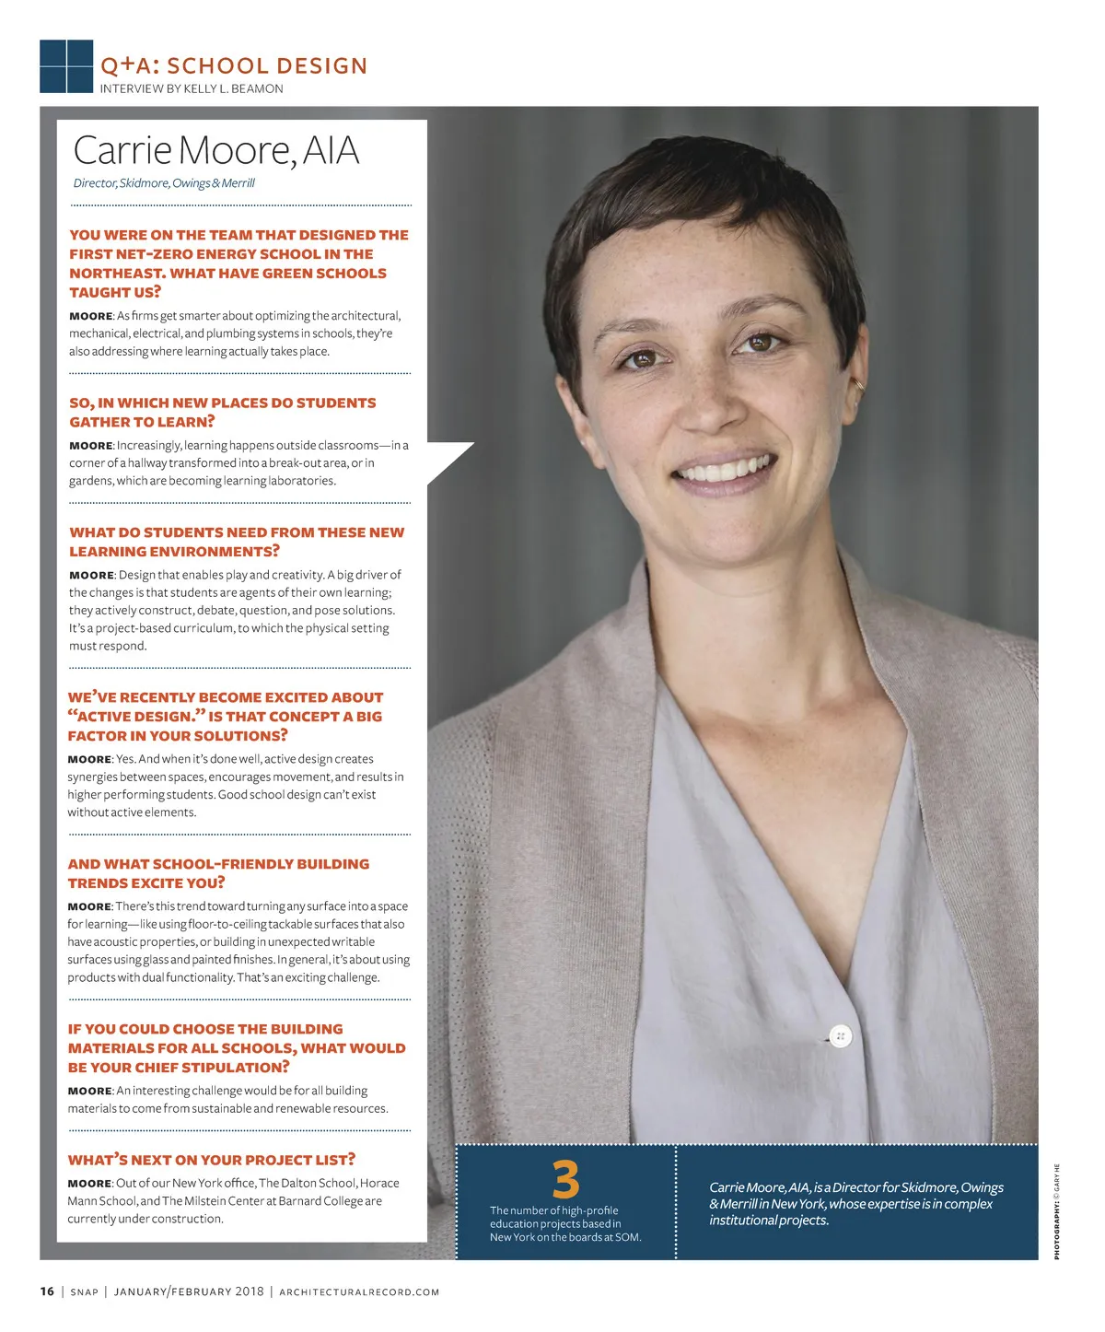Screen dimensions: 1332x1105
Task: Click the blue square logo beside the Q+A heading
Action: [x=66, y=66]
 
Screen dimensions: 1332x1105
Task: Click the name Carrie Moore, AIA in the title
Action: [x=215, y=151]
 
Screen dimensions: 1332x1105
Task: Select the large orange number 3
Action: [x=565, y=1180]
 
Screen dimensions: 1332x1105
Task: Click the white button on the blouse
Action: [x=840, y=1036]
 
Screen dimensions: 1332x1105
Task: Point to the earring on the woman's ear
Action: [x=859, y=383]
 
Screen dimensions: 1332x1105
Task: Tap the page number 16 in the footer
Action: [x=47, y=1291]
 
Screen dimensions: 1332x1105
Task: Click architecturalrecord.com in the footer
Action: [x=359, y=1292]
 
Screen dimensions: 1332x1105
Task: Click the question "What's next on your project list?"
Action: [x=211, y=1160]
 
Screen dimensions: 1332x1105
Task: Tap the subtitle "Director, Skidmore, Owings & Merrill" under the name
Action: [x=164, y=183]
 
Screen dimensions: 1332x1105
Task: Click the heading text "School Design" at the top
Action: [x=267, y=66]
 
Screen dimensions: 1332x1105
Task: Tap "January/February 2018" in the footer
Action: [x=189, y=1292]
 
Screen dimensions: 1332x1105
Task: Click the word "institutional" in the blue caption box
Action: [x=744, y=1221]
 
